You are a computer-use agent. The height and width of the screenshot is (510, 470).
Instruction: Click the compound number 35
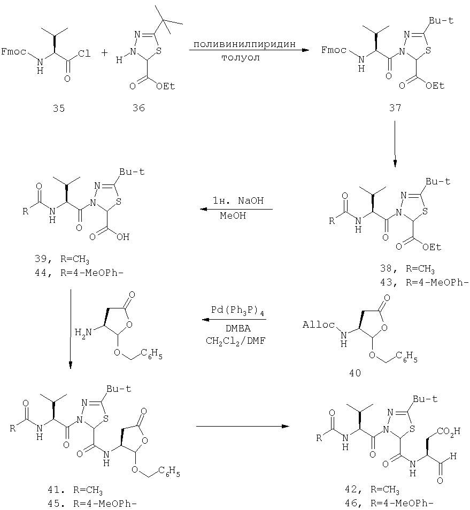[59, 108]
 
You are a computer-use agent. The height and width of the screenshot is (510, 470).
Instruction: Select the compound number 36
[138, 107]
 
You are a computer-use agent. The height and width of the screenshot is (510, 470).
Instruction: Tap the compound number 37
[395, 107]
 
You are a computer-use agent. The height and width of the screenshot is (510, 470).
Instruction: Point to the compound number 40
[355, 373]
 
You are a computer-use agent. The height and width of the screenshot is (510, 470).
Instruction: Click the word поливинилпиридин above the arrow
[244, 44]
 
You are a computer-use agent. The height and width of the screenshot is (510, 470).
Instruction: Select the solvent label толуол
[241, 58]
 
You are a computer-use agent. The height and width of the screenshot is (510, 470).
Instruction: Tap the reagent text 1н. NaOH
[238, 200]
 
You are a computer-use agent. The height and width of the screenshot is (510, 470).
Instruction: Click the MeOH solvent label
[233, 215]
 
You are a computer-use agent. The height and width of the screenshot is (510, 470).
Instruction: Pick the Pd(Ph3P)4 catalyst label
[237, 311]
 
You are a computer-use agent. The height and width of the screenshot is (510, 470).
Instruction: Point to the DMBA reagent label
[238, 329]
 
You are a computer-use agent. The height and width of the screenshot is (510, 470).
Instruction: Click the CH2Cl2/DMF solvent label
[236, 341]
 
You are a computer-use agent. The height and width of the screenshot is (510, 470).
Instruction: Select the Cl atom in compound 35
[84, 53]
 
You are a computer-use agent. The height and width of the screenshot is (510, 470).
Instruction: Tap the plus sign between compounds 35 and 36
[104, 53]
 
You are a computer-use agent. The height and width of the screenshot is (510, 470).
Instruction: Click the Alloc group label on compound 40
[319, 324]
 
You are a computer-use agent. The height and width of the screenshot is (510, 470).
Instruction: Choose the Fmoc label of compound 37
[334, 50]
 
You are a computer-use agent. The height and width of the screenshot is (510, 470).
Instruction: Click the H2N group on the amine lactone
[83, 333]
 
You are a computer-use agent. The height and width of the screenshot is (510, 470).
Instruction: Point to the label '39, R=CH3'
[62, 259]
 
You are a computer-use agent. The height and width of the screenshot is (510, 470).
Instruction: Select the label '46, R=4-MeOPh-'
[389, 504]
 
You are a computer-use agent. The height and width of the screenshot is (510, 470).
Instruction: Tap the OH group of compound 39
[124, 237]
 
